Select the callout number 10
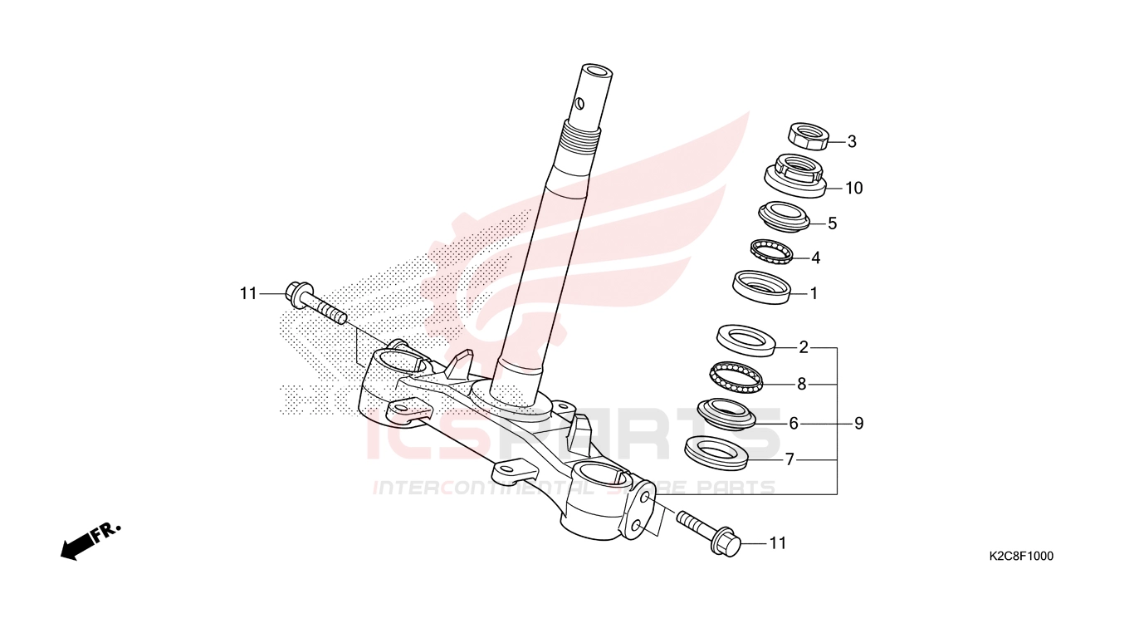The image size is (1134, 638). (854, 188)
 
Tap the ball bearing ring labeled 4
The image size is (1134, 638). (771, 252)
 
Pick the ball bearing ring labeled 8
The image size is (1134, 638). (736, 377)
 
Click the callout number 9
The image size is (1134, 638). (858, 423)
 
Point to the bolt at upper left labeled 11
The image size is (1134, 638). (316, 303)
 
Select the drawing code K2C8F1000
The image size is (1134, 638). (1021, 556)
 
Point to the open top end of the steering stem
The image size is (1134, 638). (597, 71)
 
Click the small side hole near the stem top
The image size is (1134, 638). (580, 105)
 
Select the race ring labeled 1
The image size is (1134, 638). (762, 287)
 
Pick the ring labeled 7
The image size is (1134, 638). (716, 453)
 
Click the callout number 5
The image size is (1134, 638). (833, 223)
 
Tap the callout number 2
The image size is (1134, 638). (804, 347)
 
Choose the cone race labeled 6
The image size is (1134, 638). (726, 414)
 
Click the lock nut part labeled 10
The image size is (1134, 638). (795, 176)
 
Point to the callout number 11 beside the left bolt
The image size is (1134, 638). (248, 293)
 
